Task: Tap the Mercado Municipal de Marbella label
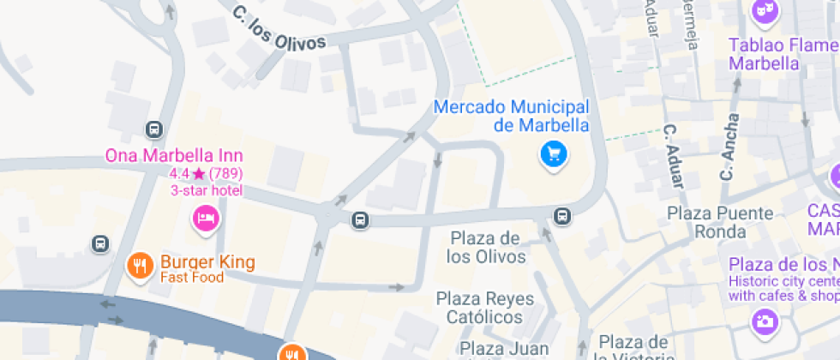(511, 116)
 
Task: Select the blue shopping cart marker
(554, 154)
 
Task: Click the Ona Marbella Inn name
(173, 156)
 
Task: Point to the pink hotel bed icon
(206, 219)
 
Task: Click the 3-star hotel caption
(206, 190)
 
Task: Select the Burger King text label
(207, 261)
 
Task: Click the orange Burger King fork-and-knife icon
(139, 266)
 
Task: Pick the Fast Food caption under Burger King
(191, 278)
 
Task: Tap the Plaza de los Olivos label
(488, 246)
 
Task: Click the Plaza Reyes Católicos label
(484, 308)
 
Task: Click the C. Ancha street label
(729, 147)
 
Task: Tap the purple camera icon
(764, 321)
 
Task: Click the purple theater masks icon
(763, 11)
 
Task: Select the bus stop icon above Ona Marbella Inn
(154, 129)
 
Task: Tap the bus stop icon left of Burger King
(101, 243)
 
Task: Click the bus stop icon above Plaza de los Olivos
(562, 216)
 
